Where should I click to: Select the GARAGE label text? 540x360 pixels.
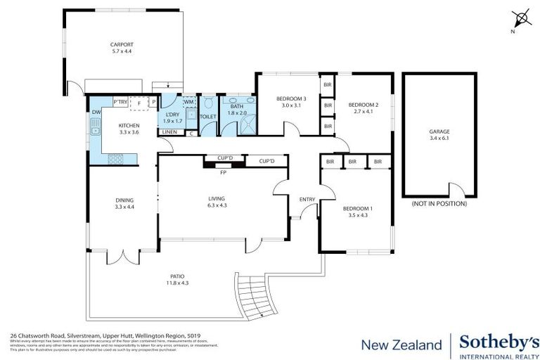439,131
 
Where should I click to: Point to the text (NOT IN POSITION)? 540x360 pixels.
439,204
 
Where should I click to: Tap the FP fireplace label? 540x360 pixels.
223,172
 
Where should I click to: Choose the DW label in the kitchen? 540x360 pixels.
96,112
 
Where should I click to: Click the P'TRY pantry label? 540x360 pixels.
121,103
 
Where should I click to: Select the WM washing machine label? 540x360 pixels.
188,103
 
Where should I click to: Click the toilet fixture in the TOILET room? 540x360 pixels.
208,104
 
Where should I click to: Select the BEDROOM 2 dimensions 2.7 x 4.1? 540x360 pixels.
366,111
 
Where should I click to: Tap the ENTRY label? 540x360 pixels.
307,199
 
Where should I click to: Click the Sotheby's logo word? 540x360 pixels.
499,342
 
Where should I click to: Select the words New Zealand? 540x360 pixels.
401,345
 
